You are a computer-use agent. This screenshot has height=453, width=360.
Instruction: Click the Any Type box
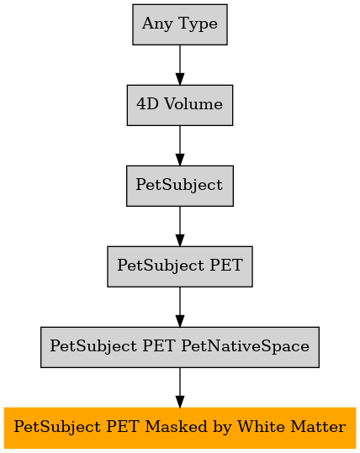180,24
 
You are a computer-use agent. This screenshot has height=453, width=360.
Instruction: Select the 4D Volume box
180,105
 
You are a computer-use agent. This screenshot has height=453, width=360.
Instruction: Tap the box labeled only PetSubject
180,186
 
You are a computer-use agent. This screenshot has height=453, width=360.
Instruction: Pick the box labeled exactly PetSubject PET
180,266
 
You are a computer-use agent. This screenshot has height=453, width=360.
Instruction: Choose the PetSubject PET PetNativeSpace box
180,347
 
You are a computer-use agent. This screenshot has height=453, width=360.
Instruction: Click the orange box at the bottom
180,428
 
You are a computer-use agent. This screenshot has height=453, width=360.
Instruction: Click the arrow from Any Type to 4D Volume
180,65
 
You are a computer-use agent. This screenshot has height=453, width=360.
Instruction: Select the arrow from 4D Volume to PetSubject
180,145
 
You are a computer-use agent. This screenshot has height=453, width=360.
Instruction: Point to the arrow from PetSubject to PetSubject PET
180,227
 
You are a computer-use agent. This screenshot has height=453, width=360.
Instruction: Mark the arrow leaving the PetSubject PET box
180,307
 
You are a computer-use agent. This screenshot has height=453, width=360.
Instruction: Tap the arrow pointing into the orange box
180,387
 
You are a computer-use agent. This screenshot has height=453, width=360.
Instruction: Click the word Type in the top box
198,24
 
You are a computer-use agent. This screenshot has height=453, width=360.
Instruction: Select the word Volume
193,104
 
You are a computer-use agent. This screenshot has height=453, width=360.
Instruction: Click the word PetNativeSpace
246,346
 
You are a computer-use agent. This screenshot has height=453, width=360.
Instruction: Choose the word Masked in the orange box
176,427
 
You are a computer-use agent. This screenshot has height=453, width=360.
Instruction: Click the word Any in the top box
157,24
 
